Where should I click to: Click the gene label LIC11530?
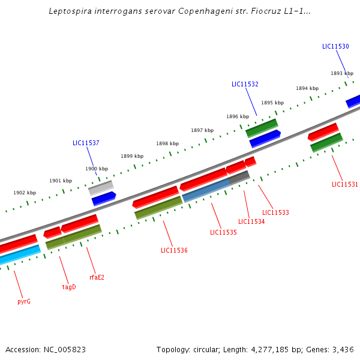click(x=335, y=47)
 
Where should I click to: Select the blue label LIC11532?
click(x=245, y=85)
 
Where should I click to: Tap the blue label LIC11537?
click(x=86, y=143)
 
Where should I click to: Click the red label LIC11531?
click(x=344, y=185)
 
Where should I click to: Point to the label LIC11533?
click(x=275, y=212)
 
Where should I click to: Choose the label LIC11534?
click(x=251, y=222)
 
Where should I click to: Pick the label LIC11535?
click(x=223, y=232)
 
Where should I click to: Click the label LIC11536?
click(x=174, y=250)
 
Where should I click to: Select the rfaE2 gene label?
click(x=97, y=277)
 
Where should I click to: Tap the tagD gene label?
click(x=69, y=287)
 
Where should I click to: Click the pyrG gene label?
click(x=24, y=301)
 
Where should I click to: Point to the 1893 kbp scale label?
click(x=342, y=74)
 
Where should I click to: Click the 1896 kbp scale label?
click(x=238, y=116)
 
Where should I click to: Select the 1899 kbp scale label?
click(x=132, y=156)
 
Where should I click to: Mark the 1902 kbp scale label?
click(x=25, y=193)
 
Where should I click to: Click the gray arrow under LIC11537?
click(x=100, y=188)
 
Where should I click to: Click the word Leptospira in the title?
click(x=70, y=11)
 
